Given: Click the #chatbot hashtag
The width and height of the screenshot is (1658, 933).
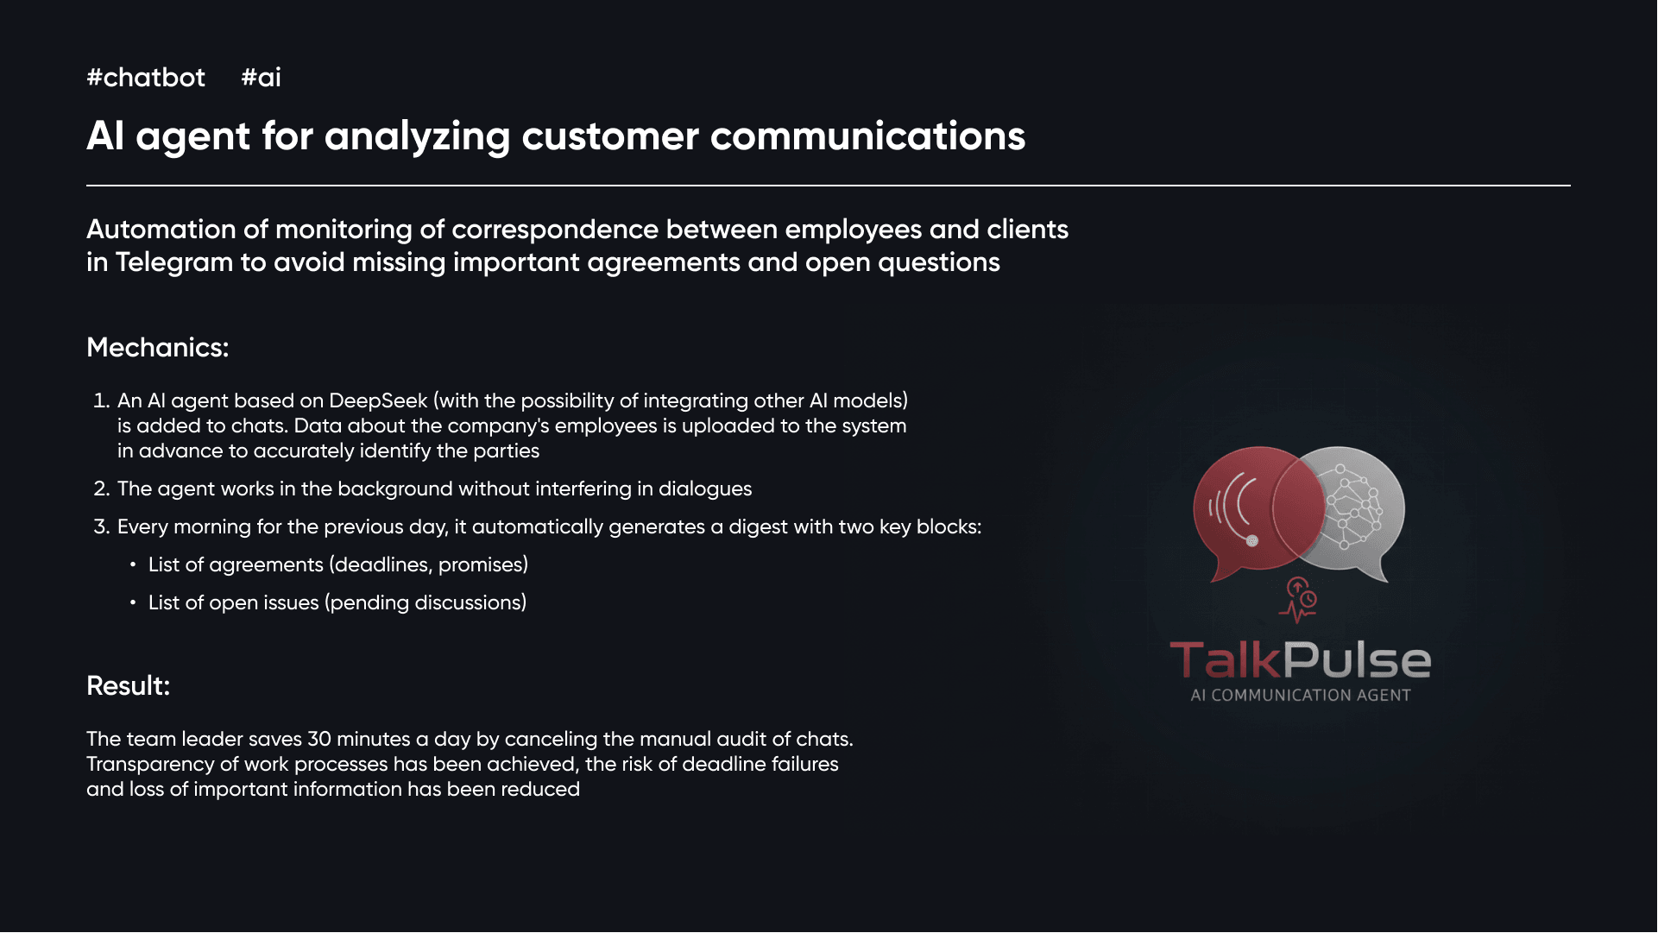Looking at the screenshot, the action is point(146,78).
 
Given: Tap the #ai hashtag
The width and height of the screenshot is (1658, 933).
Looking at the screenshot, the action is point(261,78).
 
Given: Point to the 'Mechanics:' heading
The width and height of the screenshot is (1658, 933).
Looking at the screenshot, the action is point(158,348).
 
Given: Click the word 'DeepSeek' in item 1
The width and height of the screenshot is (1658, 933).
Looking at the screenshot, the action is point(378,401).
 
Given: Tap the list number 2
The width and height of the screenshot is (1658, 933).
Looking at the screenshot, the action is point(102,489).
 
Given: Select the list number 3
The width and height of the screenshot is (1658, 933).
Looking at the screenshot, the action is point(102,527).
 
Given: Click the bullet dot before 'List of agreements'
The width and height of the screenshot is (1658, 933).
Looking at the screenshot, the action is point(133,564).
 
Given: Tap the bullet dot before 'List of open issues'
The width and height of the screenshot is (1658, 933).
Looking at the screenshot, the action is point(133,602).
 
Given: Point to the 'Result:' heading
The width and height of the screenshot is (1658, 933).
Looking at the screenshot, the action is point(129,686).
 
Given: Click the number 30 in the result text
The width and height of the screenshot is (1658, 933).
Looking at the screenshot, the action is point(319,740).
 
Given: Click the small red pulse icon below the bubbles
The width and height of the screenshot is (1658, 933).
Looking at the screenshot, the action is point(1298,601).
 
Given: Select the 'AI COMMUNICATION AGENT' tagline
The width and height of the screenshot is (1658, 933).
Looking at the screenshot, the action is point(1301,696).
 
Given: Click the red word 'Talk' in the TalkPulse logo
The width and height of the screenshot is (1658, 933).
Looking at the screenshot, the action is point(1226,660).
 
